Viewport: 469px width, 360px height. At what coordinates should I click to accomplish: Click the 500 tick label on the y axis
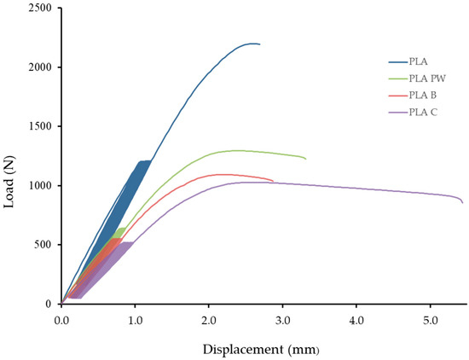(x=43, y=245)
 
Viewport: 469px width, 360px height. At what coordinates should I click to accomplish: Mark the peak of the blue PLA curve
(x=253, y=44)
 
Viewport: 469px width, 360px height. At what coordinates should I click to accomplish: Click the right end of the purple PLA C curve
(x=463, y=203)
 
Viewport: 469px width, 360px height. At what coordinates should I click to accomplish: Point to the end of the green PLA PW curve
(x=305, y=159)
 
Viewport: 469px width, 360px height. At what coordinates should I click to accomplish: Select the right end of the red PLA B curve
(x=273, y=181)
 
